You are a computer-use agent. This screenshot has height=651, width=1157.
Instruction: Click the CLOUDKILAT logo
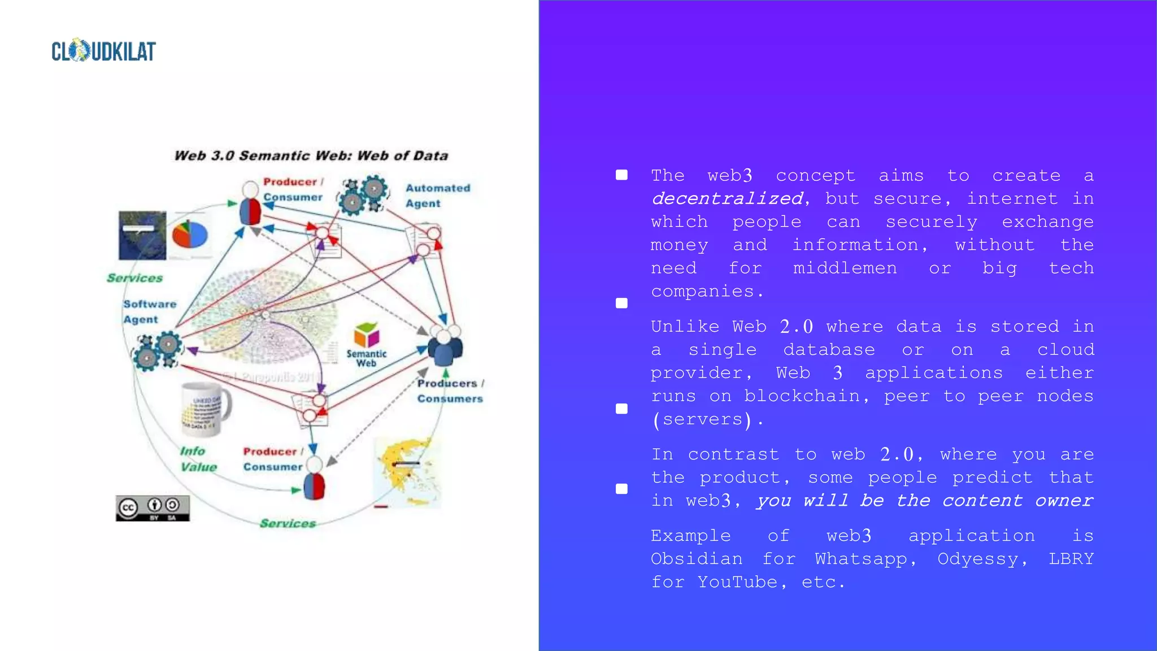(103, 51)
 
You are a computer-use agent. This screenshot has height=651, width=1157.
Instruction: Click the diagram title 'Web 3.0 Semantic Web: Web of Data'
(311, 155)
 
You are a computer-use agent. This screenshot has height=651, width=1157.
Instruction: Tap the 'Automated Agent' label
(437, 196)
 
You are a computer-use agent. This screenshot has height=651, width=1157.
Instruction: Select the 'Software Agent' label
(150, 311)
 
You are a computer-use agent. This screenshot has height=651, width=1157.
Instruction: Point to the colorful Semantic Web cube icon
(366, 335)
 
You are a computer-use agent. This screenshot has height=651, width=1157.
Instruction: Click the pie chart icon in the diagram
(190, 235)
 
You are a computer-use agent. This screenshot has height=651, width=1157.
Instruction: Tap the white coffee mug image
(205, 408)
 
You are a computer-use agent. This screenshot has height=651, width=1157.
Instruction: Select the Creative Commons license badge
(153, 508)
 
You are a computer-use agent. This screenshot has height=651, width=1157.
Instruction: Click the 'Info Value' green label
(198, 459)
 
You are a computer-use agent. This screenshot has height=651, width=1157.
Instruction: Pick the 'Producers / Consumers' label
(450, 390)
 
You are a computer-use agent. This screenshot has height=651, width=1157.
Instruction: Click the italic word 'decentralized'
(728, 198)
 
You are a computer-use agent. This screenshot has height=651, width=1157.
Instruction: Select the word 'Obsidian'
(697, 558)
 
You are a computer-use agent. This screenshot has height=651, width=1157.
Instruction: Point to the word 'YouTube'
(737, 581)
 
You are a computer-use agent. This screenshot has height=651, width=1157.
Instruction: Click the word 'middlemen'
(845, 268)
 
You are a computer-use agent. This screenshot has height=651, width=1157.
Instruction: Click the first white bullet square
(621, 175)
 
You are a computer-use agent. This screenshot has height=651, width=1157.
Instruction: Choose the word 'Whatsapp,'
(866, 558)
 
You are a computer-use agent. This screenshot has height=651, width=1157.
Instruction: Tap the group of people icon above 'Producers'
(445, 345)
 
